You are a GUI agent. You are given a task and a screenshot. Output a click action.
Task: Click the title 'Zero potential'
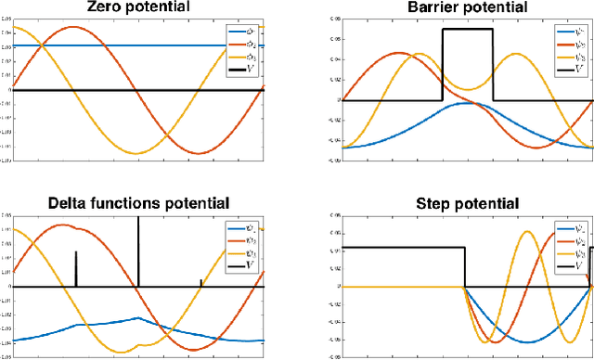[136, 7]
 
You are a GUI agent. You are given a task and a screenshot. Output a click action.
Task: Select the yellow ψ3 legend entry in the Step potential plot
[572, 253]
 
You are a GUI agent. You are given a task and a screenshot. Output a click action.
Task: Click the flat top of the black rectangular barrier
[467, 29]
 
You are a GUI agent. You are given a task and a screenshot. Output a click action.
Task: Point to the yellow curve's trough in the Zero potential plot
[137, 153]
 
